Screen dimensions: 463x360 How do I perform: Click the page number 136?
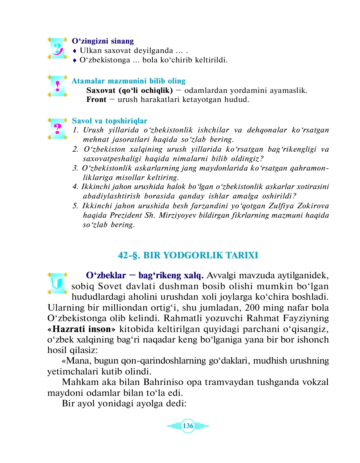click(188, 426)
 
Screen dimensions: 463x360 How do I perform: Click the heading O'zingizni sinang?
click(103, 41)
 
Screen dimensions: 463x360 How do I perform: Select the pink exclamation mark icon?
click(57, 86)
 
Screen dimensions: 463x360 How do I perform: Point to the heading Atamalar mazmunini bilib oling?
click(128, 81)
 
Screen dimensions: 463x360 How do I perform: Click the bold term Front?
click(96, 100)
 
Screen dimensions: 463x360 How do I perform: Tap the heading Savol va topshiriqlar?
click(109, 121)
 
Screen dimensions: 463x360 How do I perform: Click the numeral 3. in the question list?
click(75, 168)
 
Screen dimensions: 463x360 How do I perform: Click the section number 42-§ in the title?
click(129, 255)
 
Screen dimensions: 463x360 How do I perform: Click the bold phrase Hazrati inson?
click(82, 329)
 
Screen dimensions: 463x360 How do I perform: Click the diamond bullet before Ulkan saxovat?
click(75, 51)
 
